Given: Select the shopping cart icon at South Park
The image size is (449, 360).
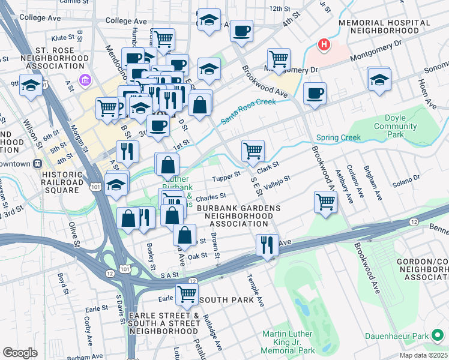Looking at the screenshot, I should [187, 294].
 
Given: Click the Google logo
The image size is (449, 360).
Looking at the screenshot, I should [20, 353].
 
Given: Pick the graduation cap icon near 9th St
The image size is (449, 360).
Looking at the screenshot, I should [30, 85].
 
